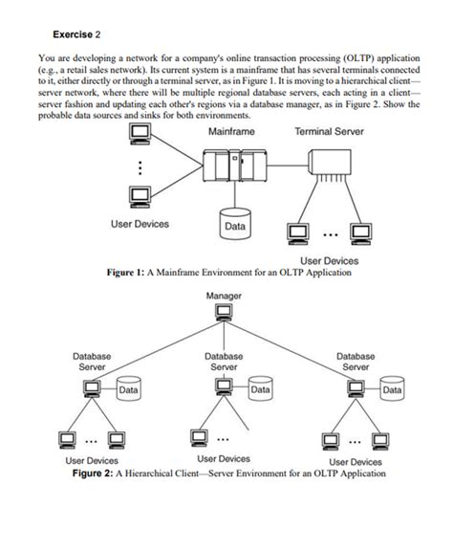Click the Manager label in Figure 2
tap(224, 297)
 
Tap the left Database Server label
tap(92, 361)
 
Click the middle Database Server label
tap(224, 361)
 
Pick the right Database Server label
tap(356, 361)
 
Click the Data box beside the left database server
tap(128, 390)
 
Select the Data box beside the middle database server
tap(259, 390)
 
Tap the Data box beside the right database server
tap(392, 390)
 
